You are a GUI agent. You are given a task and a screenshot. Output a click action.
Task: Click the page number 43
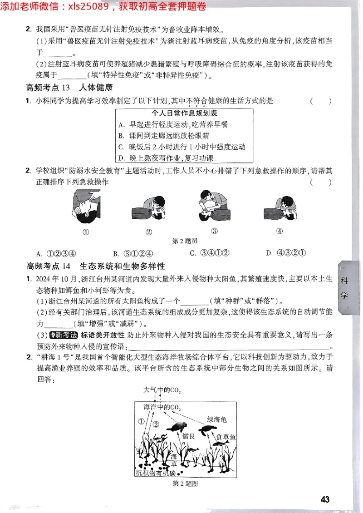(325, 499)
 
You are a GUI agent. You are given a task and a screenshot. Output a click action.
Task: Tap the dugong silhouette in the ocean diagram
(177, 426)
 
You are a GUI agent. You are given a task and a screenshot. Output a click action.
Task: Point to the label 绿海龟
(216, 419)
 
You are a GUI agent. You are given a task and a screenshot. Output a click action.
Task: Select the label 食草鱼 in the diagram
(226, 437)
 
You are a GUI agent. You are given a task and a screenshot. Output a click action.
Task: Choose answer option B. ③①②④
(133, 253)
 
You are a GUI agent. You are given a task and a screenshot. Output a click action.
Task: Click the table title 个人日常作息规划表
(184, 113)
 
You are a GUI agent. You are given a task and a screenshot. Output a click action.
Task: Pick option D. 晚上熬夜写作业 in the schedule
(165, 158)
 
